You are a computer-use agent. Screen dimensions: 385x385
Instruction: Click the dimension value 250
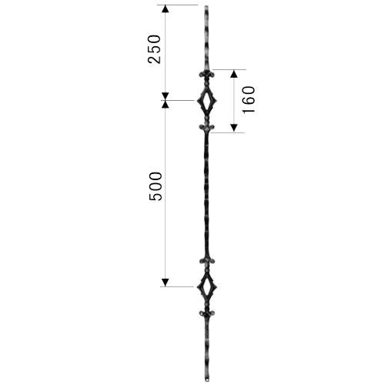click(154, 49)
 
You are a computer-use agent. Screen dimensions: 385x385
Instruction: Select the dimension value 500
click(156, 186)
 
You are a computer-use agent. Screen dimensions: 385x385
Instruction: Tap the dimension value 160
click(249, 100)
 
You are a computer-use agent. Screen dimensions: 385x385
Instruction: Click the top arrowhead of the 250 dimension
click(166, 8)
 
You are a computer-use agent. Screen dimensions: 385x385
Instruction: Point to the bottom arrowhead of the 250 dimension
click(166, 96)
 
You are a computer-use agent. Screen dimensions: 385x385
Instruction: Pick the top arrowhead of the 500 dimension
click(166, 105)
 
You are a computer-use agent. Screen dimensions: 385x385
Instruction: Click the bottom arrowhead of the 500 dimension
click(166, 283)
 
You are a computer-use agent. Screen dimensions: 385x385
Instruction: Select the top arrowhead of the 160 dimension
click(233, 74)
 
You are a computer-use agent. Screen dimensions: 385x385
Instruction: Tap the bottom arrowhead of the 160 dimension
click(233, 128)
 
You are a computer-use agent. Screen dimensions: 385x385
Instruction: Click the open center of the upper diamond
click(207, 101)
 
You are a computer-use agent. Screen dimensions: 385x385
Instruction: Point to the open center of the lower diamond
click(207, 286)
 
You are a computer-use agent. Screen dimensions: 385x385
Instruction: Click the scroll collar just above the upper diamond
click(207, 75)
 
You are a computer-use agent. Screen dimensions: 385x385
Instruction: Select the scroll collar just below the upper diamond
click(207, 127)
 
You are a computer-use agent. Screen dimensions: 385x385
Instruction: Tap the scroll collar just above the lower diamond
click(207, 261)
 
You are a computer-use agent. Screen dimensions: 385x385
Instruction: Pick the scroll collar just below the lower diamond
click(207, 313)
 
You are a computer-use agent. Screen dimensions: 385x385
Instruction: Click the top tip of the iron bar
click(206, 6)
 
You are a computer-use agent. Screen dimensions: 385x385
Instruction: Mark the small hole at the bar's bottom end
click(207, 378)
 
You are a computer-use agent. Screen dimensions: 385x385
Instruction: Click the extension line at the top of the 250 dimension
click(178, 5)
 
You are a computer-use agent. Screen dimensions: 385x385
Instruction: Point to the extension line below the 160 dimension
click(228, 132)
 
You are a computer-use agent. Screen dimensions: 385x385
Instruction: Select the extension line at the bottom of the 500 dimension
click(177, 286)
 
